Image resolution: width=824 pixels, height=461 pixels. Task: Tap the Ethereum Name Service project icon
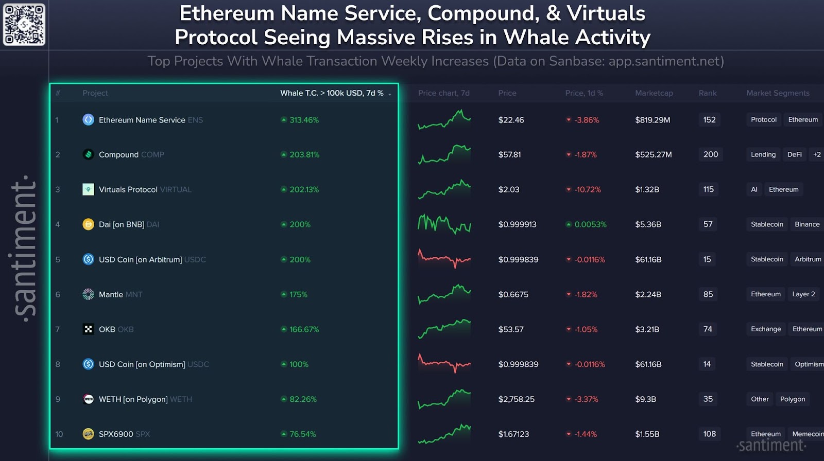(x=88, y=120)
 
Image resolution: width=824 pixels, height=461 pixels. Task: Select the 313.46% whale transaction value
(x=304, y=120)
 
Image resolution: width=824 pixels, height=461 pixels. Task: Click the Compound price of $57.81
(x=509, y=154)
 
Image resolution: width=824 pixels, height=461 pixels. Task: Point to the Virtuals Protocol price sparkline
(x=444, y=189)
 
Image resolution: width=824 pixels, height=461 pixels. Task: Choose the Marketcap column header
(x=654, y=93)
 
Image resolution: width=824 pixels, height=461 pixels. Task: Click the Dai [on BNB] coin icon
(x=88, y=224)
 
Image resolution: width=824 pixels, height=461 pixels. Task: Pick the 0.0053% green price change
(x=590, y=224)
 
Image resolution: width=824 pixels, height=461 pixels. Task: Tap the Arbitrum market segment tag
(x=808, y=259)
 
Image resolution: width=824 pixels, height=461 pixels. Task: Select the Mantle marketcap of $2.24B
(x=648, y=294)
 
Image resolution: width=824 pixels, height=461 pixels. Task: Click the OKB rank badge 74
(x=708, y=329)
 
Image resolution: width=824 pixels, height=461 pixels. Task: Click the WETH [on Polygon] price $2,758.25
(x=516, y=399)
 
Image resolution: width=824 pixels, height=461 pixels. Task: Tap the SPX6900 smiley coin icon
(x=88, y=434)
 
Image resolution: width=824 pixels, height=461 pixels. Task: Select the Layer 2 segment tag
(x=803, y=294)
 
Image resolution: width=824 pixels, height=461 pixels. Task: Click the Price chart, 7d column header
(x=443, y=93)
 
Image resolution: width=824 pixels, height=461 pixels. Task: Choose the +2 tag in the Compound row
(x=817, y=154)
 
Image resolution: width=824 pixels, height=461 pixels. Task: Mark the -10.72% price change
(x=587, y=189)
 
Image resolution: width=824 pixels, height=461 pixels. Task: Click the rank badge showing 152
(x=709, y=120)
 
